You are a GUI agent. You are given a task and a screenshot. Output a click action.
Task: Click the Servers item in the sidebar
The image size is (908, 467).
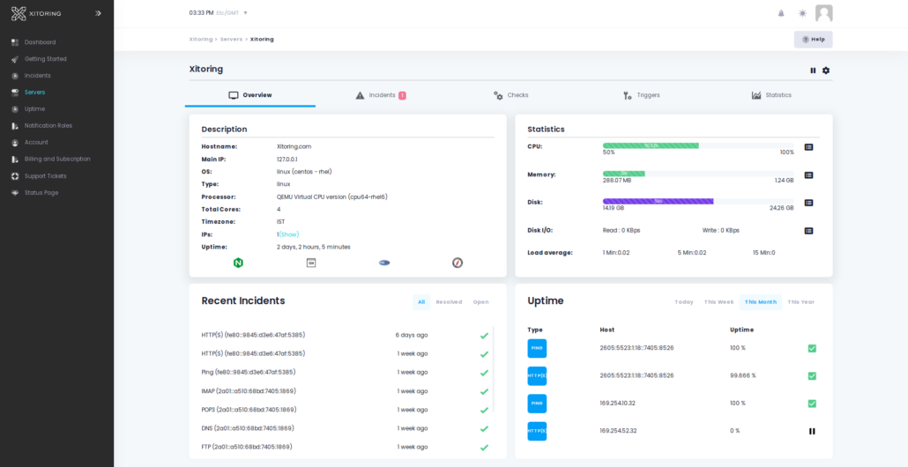click(x=34, y=92)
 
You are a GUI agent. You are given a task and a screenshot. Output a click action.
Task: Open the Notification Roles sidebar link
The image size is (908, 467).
click(x=48, y=125)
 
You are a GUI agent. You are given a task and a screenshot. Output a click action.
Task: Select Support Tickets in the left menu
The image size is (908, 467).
click(x=45, y=175)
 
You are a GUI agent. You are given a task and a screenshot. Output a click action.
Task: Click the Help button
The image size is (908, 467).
click(x=813, y=40)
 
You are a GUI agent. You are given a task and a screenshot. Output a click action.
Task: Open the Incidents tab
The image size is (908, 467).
click(x=381, y=95)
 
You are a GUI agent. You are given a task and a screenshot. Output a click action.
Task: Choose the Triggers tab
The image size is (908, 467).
click(x=642, y=95)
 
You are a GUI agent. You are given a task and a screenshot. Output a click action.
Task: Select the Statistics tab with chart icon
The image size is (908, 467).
click(x=771, y=95)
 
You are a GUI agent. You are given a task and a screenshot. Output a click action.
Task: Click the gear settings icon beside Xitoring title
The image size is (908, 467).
click(x=826, y=70)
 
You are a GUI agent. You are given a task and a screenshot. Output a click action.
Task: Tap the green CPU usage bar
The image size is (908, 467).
click(x=651, y=145)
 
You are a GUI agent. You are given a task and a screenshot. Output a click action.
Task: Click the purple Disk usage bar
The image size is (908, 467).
click(x=658, y=201)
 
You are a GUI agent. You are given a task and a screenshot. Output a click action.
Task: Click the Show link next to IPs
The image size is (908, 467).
click(x=289, y=234)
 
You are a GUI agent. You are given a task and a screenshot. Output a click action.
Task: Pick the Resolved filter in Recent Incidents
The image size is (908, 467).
click(x=449, y=302)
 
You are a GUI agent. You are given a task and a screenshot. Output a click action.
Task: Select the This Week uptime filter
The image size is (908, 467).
click(x=718, y=302)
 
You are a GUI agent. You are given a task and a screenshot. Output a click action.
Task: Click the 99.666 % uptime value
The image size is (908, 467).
click(x=742, y=375)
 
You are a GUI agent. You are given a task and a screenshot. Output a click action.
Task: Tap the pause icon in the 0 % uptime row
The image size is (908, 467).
click(x=812, y=431)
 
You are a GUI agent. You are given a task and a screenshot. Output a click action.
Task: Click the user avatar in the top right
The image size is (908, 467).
click(x=823, y=13)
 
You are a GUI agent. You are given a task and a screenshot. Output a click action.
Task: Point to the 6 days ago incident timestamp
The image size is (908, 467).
click(x=412, y=335)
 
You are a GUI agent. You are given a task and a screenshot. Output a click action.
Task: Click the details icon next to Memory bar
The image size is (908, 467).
click(x=808, y=175)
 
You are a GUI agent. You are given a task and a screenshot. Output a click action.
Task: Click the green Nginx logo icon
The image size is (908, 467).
click(x=238, y=263)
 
